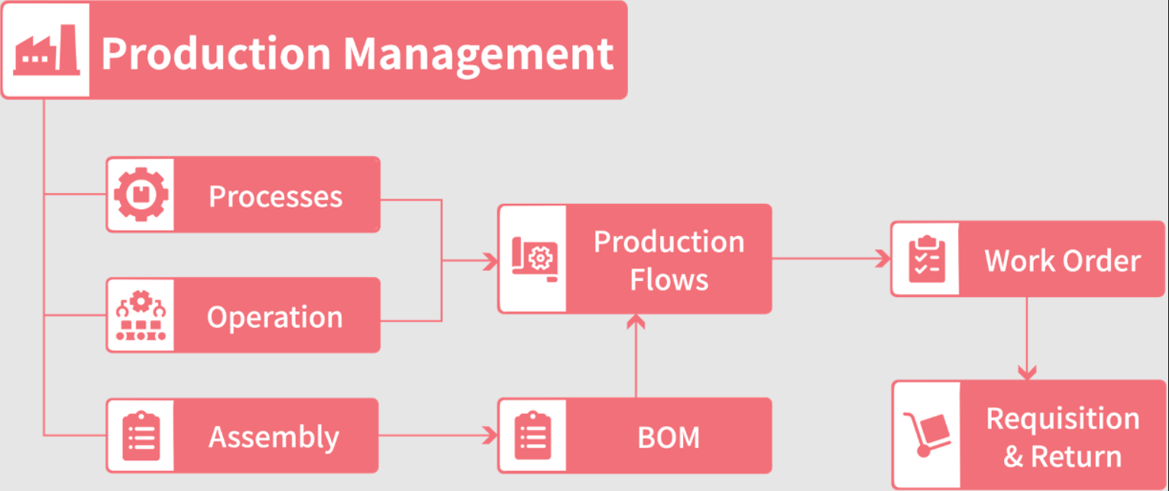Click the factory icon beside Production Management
point(46,50)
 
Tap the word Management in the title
point(478,53)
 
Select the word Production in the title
point(216,53)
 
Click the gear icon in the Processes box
point(141,195)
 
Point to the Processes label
point(275,196)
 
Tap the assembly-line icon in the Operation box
point(141,315)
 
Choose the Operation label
point(275,317)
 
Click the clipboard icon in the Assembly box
point(141,436)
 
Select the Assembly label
point(274,437)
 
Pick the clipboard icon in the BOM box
point(533,436)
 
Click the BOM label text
point(669,438)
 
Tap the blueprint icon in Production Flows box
point(534,259)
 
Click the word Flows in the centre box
point(669,279)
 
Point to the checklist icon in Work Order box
point(926,260)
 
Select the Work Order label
point(1062,261)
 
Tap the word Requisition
point(1062,418)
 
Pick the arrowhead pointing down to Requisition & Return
point(1028,373)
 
